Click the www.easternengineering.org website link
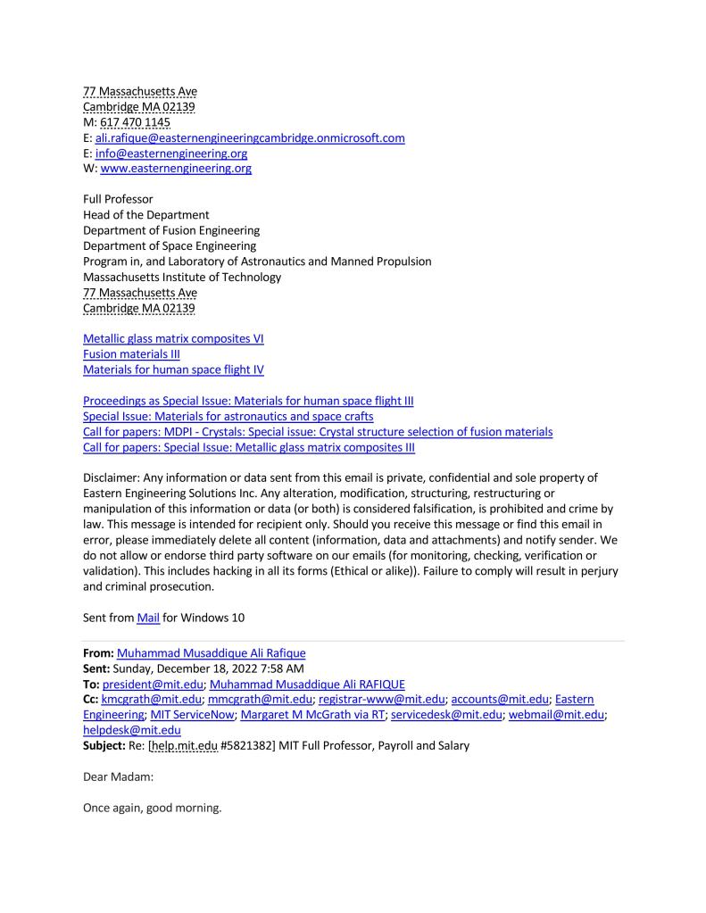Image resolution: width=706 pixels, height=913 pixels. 176,169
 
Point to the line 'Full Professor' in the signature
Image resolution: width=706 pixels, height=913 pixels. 118,199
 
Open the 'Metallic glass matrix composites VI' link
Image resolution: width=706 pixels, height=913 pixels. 173,338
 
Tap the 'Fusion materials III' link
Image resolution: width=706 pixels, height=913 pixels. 131,354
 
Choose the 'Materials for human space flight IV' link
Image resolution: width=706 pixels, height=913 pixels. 173,369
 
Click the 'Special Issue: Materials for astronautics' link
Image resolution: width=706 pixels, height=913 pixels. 228,416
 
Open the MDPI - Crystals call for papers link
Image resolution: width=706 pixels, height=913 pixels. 317,432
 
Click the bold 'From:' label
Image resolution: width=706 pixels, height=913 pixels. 98,652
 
